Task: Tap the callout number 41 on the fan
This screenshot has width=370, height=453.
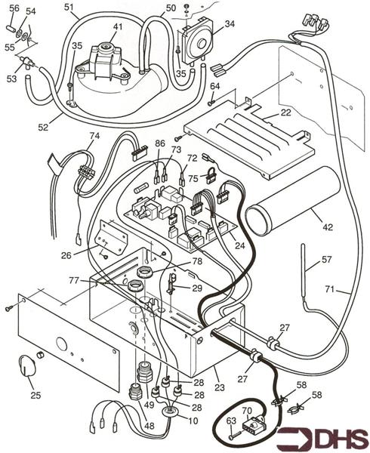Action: click(117, 27)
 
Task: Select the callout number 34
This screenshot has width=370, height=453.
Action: click(230, 24)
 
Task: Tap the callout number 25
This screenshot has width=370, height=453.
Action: click(35, 395)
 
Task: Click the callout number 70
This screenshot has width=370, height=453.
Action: click(245, 411)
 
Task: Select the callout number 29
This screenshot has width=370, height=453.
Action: click(196, 289)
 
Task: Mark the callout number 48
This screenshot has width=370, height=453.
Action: click(149, 427)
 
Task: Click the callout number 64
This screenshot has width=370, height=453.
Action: click(214, 86)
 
